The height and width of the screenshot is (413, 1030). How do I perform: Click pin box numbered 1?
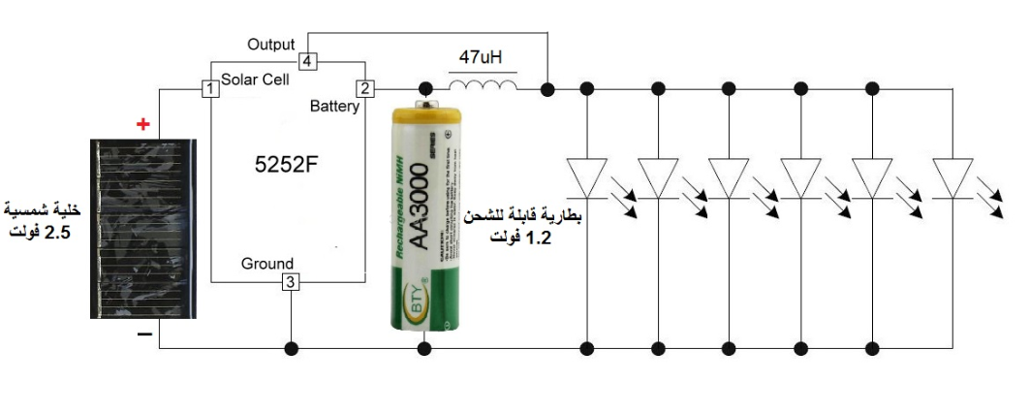[208, 89]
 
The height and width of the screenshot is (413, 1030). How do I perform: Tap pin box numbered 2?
[365, 89]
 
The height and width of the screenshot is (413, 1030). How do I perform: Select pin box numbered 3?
[291, 282]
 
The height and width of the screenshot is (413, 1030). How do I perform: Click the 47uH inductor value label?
[482, 58]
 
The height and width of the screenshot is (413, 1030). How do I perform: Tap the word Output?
[271, 45]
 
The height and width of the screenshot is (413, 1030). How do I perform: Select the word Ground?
[266, 264]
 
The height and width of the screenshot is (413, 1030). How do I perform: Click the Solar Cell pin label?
[255, 79]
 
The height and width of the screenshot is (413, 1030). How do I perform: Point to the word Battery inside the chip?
[334, 106]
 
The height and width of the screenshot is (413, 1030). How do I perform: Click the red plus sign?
[143, 124]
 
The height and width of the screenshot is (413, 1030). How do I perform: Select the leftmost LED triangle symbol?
[586, 177]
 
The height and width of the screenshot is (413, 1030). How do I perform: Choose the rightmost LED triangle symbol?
[952, 177]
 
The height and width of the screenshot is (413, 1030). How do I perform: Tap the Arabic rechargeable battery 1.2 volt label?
[524, 226]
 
